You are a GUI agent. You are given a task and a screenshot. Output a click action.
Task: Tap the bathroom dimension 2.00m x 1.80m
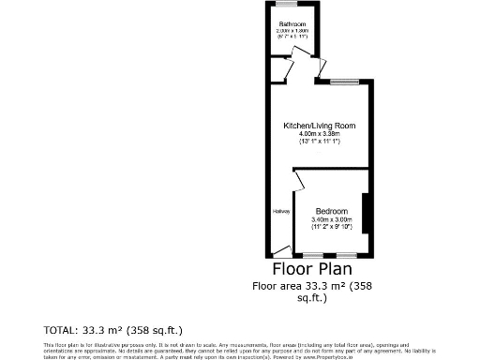[292, 30]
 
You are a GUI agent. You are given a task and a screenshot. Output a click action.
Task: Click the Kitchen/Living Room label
[319, 126]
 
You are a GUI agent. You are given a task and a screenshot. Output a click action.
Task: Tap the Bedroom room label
[332, 211]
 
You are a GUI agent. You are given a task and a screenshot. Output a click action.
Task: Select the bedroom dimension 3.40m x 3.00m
[332, 219]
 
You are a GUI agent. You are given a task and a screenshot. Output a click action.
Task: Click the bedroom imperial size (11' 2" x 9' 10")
[332, 227]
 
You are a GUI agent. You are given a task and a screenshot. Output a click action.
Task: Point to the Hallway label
[280, 212]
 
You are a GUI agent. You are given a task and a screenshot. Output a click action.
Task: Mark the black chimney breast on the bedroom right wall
[367, 213]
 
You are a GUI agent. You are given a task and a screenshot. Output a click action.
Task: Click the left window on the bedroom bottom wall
[310, 256]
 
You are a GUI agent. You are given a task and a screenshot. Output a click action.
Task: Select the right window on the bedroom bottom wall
[346, 256]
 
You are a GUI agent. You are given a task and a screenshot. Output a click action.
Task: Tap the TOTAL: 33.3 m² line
[112, 330]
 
